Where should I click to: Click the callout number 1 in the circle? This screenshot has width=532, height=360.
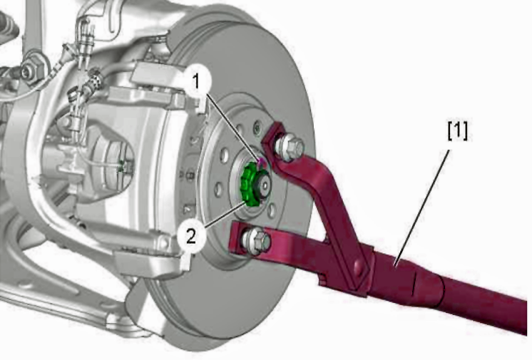pyautogui.click(x=196, y=82)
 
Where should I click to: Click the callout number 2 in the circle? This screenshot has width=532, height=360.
pyautogui.click(x=191, y=235)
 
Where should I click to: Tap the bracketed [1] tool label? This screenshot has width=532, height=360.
pyautogui.click(x=457, y=131)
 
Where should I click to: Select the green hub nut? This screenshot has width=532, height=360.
pyautogui.click(x=250, y=185)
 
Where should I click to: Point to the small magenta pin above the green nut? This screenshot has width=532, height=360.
pyautogui.click(x=260, y=162)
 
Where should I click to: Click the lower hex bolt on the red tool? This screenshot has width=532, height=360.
pyautogui.click(x=256, y=240)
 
